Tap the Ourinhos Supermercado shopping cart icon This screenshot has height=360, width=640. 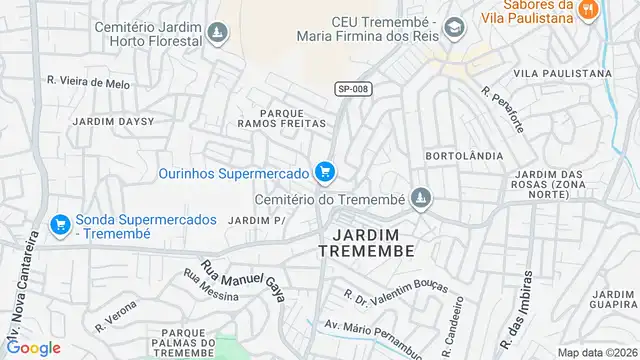pyautogui.click(x=324, y=173)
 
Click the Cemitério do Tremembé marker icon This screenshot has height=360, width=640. pyautogui.click(x=421, y=200)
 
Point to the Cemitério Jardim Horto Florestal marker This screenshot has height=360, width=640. pyautogui.click(x=215, y=35)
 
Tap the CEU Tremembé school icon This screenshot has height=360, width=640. pyautogui.click(x=455, y=28)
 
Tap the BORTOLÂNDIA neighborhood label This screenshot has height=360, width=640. pyautogui.click(x=455, y=157)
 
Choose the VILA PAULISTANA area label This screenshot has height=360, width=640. pyautogui.click(x=562, y=74)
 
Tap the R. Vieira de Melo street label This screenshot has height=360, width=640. pyautogui.click(x=88, y=82)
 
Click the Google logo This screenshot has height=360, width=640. pyautogui.click(x=35, y=348)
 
